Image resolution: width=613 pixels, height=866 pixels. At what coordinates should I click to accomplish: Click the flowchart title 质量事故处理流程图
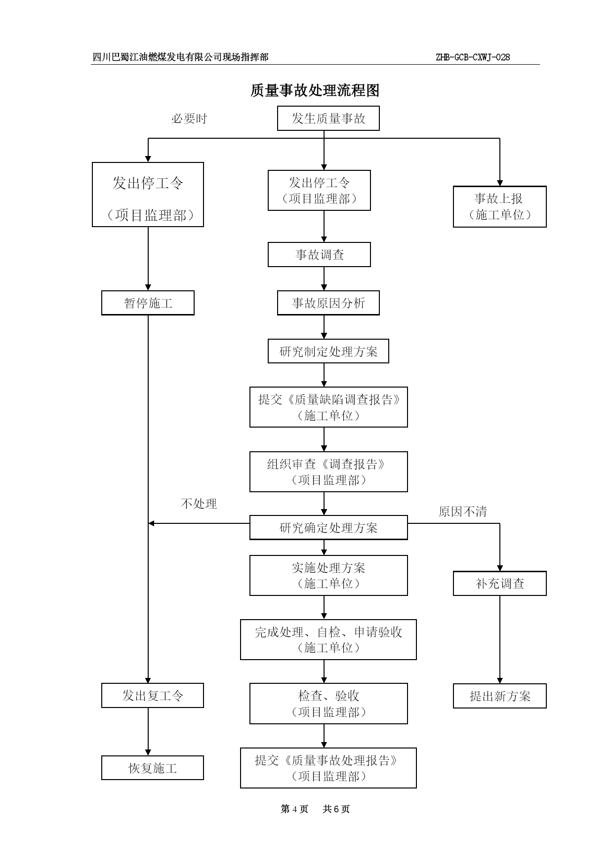point(315,90)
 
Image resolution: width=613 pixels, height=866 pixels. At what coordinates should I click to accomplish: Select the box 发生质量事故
point(328,118)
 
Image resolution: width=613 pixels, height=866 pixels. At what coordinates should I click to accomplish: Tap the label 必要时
point(189,119)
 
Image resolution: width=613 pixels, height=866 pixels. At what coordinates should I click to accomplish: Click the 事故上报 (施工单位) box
point(499,207)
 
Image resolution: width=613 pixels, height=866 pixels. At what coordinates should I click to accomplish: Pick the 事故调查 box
point(319,255)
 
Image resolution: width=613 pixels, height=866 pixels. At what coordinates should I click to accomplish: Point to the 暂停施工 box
point(148,303)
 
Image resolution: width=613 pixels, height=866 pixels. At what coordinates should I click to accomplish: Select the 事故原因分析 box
point(328,303)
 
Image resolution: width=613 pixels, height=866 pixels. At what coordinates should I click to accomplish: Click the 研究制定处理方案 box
point(328,351)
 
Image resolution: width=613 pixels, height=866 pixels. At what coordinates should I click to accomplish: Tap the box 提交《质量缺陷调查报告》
point(328,407)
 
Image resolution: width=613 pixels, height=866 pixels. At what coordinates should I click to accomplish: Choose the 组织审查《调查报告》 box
point(328,472)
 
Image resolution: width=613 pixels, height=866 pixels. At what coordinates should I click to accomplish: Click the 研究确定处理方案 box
point(328,528)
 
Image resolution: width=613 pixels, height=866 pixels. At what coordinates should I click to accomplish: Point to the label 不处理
point(199,504)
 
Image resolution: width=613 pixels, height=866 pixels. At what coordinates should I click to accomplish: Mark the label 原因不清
point(463,512)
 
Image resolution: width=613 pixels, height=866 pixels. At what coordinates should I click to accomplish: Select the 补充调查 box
point(499,584)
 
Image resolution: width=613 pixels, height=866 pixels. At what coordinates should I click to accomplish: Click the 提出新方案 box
point(499,696)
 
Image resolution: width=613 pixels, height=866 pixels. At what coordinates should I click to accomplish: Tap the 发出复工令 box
point(153,696)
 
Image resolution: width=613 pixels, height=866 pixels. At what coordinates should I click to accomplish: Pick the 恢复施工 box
point(153,768)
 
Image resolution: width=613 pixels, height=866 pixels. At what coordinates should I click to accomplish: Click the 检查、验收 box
point(328,704)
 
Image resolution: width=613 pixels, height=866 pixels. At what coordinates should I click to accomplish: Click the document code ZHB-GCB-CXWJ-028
point(473,57)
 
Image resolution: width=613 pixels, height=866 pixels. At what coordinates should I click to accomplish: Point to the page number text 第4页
point(294,809)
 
